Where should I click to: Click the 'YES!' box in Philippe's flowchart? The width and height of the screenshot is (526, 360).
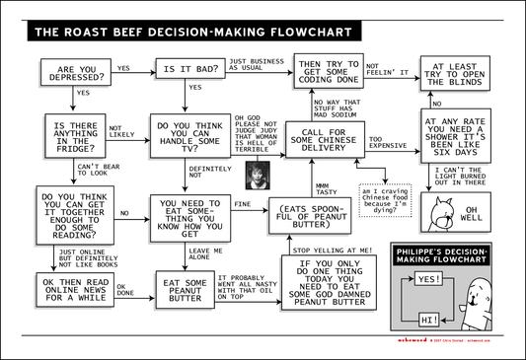pyautogui.click(x=428, y=279)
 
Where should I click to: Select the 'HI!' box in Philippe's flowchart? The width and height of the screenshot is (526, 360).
pyautogui.click(x=428, y=320)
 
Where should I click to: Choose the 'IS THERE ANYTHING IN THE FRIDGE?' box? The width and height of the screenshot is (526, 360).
pyautogui.click(x=74, y=135)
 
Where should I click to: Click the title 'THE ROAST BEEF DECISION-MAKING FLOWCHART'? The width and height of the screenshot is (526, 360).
pyautogui.click(x=178, y=32)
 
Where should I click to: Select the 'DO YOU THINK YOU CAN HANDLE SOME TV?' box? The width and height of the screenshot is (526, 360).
pyautogui.click(x=189, y=136)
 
